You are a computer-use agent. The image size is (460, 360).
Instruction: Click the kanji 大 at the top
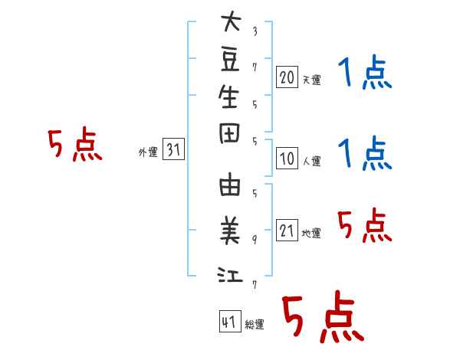point(230,22)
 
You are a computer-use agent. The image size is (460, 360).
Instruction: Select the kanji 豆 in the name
point(230,59)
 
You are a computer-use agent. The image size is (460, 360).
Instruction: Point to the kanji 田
point(230,135)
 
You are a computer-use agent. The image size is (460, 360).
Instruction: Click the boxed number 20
point(287,77)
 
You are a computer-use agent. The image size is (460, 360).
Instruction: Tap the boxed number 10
point(287,159)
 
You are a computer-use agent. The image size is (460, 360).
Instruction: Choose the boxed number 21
point(287,231)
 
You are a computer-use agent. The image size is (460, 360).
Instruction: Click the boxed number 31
point(173,150)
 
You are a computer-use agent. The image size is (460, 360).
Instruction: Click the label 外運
point(147,152)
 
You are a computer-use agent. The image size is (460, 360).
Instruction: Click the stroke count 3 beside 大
point(255,31)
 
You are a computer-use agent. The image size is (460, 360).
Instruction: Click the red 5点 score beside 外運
point(75,145)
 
